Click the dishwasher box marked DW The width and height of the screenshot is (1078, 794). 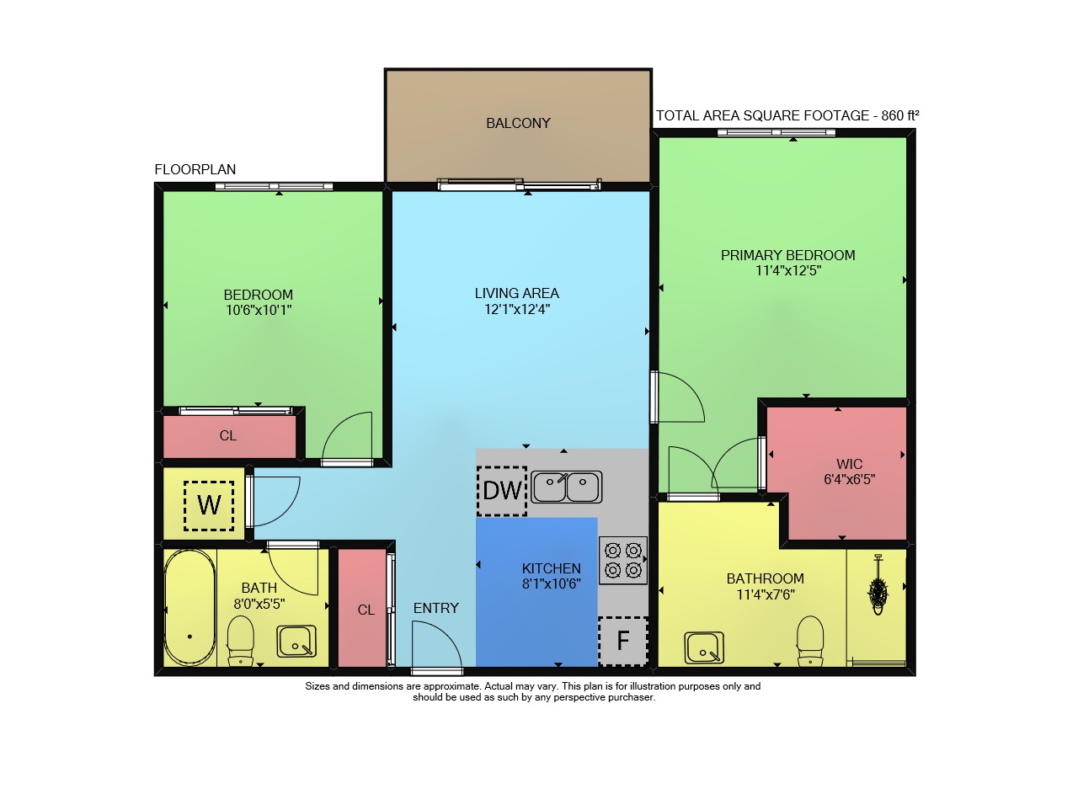click(502, 491)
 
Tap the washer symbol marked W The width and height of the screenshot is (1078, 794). click(209, 506)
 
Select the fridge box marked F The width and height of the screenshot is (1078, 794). click(623, 641)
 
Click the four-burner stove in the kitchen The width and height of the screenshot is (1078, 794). click(622, 561)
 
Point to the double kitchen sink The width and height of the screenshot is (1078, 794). click(567, 487)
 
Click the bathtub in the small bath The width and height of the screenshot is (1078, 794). click(189, 608)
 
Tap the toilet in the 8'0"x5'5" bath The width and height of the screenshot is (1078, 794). click(240, 641)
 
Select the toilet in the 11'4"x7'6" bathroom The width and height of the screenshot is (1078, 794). click(810, 641)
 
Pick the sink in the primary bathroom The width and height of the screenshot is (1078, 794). click(704, 647)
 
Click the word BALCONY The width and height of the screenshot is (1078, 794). click(518, 123)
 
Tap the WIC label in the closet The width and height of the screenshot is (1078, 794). click(850, 464)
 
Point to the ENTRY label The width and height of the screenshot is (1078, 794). click(436, 608)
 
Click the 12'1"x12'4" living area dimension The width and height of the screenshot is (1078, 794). click(517, 309)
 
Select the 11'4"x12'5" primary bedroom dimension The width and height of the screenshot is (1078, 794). click(788, 270)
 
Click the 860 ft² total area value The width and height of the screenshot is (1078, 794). click(900, 115)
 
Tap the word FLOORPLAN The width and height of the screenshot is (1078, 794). click(195, 169)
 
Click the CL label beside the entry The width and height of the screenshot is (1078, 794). click(366, 610)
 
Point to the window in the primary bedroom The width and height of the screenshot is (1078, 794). click(776, 132)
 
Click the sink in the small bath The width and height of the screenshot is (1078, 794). click(296, 641)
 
